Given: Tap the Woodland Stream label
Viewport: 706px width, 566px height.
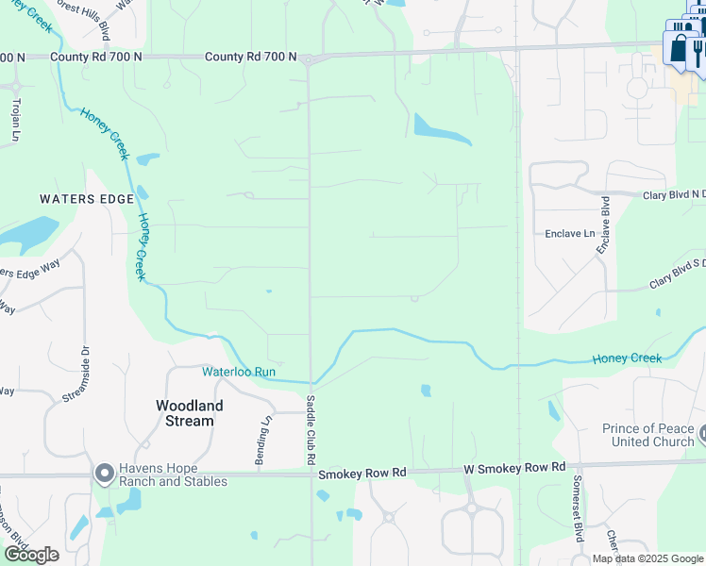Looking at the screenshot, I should pyautogui.click(x=190, y=413).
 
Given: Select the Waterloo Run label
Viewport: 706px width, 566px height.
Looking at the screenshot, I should pyautogui.click(x=239, y=372).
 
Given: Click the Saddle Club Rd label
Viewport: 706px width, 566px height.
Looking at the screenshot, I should pyautogui.click(x=310, y=430).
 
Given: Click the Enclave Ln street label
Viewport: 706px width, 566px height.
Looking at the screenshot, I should pyautogui.click(x=570, y=233).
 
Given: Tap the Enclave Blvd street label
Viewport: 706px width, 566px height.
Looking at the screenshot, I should pyautogui.click(x=603, y=225).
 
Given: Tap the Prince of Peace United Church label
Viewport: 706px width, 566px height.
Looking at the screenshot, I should pyautogui.click(x=647, y=435).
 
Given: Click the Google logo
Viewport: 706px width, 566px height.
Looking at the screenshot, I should pyautogui.click(x=30, y=554).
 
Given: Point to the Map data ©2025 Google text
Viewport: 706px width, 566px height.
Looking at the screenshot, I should pyautogui.click(x=648, y=558).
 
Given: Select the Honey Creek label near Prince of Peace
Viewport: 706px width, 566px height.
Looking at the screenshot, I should pyautogui.click(x=627, y=358).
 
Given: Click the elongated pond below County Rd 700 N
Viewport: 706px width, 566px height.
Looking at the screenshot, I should pyautogui.click(x=441, y=130).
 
